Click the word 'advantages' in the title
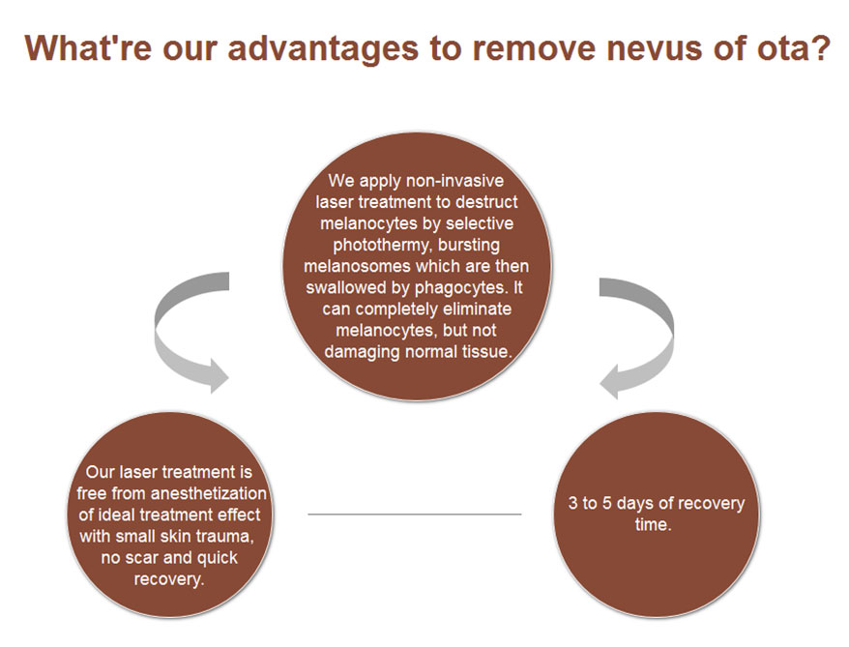coord(323,49)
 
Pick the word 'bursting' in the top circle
coord(469,245)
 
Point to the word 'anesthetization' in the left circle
coord(209,493)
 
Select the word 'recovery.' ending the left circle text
coord(169,579)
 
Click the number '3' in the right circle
coord(572,503)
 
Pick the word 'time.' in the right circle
coord(653,524)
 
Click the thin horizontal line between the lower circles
coord(414,514)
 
